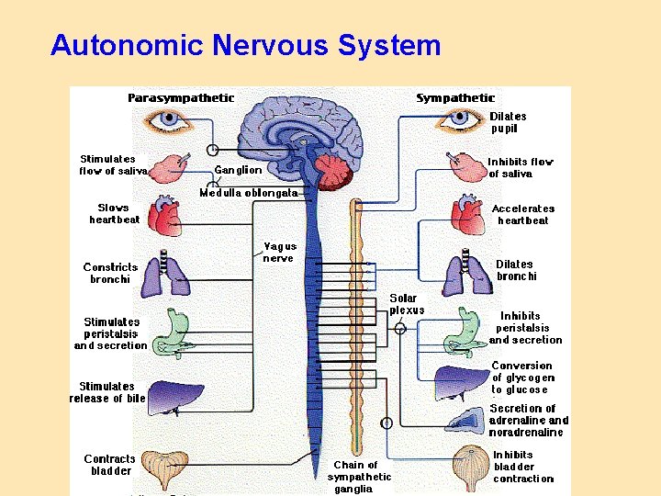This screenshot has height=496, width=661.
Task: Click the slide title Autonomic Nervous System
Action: point(245,45)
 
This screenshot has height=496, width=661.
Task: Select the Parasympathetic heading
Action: point(181,97)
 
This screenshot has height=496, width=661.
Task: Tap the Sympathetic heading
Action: point(455,97)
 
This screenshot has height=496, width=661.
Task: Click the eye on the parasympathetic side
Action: point(170,118)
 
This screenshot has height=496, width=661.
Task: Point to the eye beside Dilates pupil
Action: point(461,118)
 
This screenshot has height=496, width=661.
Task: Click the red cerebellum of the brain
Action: point(330,171)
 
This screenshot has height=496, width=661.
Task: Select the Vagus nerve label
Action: point(278,252)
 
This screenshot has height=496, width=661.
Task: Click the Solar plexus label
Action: point(407,304)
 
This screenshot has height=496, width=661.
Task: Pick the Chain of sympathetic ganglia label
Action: point(360,477)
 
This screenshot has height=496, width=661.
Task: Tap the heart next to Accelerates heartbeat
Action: point(468,217)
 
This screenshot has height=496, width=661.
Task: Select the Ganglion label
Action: point(238,170)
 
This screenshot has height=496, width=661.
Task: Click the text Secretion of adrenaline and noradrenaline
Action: point(528,421)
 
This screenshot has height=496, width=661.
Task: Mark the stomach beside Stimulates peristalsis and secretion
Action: point(173,333)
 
